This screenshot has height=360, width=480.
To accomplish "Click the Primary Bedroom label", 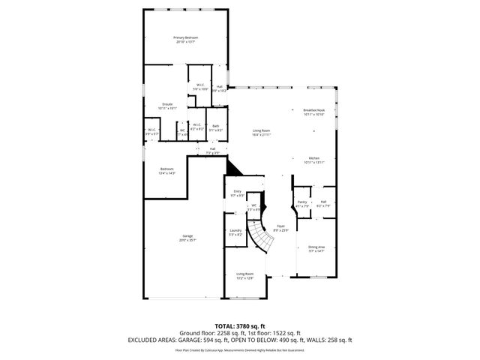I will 185,38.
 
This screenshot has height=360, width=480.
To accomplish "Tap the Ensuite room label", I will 166,106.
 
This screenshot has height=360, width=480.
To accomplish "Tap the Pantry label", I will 302,203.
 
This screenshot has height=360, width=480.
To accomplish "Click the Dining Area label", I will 316,248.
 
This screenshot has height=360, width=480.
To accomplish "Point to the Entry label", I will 237,193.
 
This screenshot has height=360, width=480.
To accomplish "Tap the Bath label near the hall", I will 215,127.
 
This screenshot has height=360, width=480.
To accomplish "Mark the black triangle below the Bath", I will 232,169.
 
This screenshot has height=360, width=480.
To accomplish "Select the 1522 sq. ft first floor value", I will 286,332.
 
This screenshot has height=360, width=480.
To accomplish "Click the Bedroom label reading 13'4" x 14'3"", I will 166,171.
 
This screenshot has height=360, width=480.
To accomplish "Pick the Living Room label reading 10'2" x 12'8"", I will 244,276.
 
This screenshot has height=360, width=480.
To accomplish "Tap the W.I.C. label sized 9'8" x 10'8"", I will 200,87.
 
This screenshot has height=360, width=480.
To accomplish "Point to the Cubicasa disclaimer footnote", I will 239,349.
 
